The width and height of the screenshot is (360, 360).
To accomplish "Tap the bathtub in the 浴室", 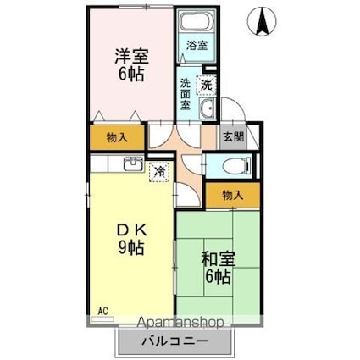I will (196, 24).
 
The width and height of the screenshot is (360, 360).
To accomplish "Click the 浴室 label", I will (196, 45).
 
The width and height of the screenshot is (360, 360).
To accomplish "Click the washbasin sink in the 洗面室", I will (208, 111).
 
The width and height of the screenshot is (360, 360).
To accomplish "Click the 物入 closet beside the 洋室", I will (118, 136).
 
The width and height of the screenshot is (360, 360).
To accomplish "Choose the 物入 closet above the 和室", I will (233, 195).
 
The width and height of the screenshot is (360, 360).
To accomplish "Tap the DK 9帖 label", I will (131, 240).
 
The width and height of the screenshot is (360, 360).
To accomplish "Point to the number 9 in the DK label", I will (123, 249).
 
